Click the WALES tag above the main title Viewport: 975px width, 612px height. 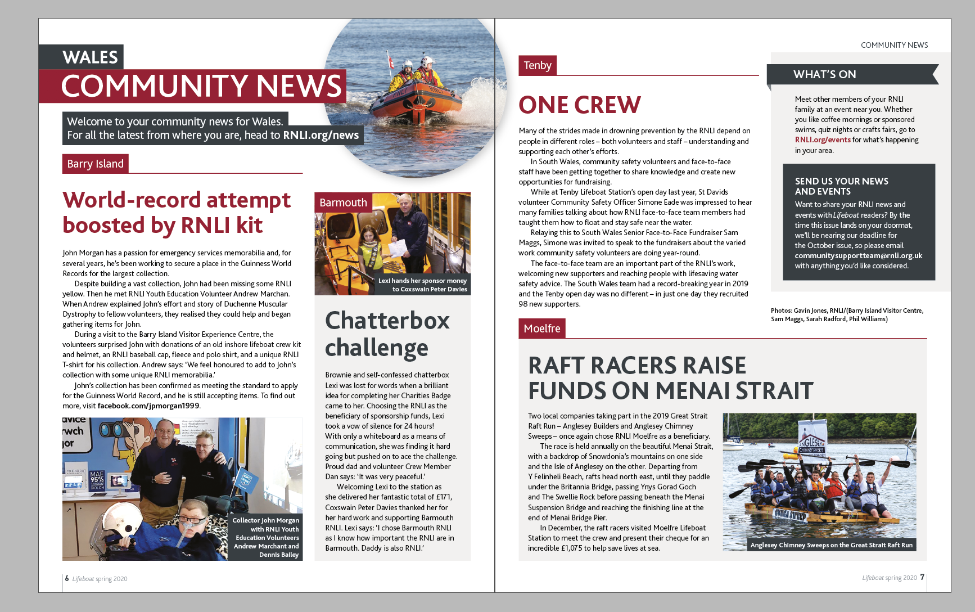pyautogui.click(x=90, y=57)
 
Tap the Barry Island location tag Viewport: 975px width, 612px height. pyautogui.click(x=95, y=164)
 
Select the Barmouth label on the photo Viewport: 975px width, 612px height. pyautogui.click(x=343, y=202)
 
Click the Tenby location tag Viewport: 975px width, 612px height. pyautogui.click(x=537, y=65)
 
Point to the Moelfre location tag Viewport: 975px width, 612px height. pyautogui.click(x=541, y=328)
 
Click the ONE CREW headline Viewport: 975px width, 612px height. pyautogui.click(x=579, y=105)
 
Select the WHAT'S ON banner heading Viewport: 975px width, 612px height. pyautogui.click(x=824, y=74)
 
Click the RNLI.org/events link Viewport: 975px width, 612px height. pyautogui.click(x=822, y=140)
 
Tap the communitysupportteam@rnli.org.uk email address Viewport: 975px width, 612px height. pyautogui.click(x=858, y=256)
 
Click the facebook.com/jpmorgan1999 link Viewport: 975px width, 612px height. pyautogui.click(x=148, y=406)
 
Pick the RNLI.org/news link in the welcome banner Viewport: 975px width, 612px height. pyautogui.click(x=321, y=135)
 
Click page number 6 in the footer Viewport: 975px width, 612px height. pyautogui.click(x=67, y=578)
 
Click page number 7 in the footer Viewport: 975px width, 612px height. pyautogui.click(x=922, y=577)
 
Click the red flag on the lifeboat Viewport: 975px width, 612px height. pyautogui.click(x=391, y=61)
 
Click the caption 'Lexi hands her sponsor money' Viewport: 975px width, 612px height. pyautogui.click(x=422, y=281)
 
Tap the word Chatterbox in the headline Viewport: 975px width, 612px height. pyautogui.click(x=387, y=321)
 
